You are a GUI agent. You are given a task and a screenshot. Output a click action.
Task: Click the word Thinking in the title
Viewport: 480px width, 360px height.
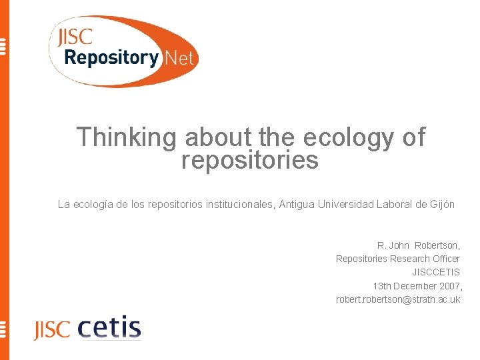click(127, 137)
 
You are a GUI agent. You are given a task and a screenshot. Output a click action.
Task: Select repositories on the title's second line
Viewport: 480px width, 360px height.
click(250, 160)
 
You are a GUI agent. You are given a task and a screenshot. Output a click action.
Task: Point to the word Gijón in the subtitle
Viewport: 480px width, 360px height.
click(441, 205)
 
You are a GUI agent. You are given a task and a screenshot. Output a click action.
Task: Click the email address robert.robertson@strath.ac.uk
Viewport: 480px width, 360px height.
click(398, 300)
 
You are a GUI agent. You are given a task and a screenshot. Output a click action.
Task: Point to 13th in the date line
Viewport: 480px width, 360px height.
click(383, 286)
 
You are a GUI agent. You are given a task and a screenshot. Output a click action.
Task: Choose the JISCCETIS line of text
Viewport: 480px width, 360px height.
click(436, 272)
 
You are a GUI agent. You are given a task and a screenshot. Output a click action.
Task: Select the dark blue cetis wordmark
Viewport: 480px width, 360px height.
click(109, 328)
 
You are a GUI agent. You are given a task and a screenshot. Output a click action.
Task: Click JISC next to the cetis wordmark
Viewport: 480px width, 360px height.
click(51, 329)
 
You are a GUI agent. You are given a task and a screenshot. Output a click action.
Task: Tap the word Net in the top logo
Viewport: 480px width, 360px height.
click(179, 58)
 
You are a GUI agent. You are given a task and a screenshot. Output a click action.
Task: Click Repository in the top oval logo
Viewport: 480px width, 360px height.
click(111, 58)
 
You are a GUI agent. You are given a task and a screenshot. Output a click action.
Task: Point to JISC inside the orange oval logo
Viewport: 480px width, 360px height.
click(73, 38)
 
